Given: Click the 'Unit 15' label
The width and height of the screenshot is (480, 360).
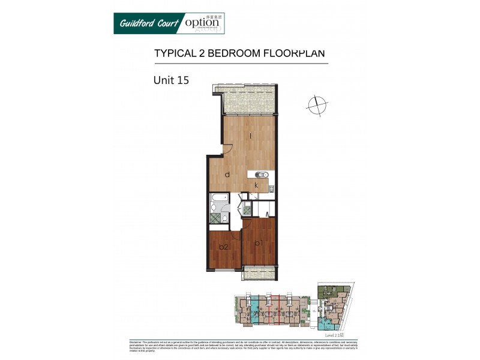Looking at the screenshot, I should coord(171,79).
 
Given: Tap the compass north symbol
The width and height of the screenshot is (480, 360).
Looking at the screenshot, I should coord(316,106).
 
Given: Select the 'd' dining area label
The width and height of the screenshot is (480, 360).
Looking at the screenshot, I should coord(227,175).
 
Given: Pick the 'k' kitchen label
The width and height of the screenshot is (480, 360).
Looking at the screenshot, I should coord(256,185).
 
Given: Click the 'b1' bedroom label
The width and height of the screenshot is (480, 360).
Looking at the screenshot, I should coord(259,243).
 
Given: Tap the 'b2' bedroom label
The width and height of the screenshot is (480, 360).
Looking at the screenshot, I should coord(223,247).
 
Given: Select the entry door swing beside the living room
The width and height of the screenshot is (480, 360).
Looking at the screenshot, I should coord(228,149).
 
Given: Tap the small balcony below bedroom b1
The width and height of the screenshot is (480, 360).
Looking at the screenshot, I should coord(259,273).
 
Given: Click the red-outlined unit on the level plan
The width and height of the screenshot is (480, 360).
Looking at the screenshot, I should coord(278,309).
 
